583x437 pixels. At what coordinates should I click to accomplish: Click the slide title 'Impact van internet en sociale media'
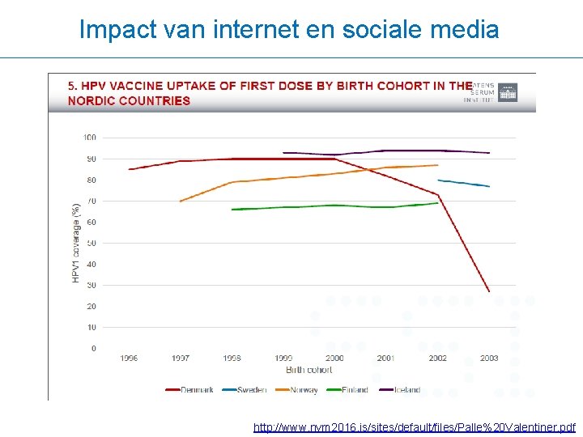click(289, 30)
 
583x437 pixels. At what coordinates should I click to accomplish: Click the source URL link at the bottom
click(414, 426)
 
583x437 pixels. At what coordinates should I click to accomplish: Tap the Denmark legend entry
click(190, 389)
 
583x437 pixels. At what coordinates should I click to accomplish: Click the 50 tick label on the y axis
click(91, 243)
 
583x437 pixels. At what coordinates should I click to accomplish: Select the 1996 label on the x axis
click(129, 358)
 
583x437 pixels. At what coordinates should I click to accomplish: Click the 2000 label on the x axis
click(334, 358)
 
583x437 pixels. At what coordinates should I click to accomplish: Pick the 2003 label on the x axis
click(489, 358)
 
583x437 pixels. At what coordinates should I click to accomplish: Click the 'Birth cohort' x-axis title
click(309, 370)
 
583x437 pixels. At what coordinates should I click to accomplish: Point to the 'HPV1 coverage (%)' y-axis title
click(76, 243)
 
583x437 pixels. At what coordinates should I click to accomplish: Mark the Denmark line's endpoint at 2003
click(489, 291)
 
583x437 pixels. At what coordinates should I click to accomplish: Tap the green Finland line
click(334, 206)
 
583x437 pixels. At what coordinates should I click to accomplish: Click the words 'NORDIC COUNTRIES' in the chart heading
click(129, 101)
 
